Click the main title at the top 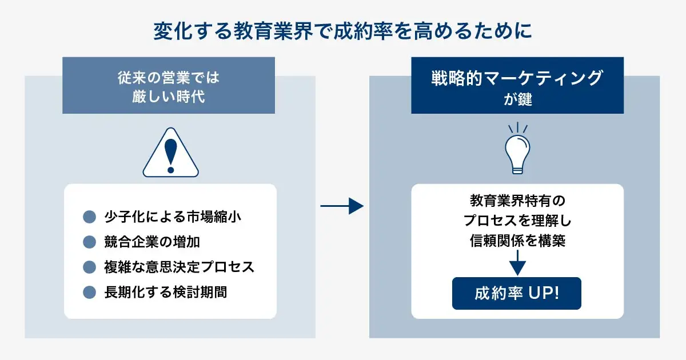coord(342,31)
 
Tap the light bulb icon coord(517,150)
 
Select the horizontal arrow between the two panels coord(342,206)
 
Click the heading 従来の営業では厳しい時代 coord(168,86)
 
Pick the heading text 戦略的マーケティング coord(517,78)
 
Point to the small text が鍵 coord(517,99)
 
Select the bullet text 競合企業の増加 coord(152,242)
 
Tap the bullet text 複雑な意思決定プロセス coord(179,267)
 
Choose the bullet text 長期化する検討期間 coord(165,292)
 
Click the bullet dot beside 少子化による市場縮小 coord(89,217)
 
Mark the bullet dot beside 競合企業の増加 coord(89,242)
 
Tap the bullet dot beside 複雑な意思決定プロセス coord(89,267)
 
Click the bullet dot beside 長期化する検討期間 coord(89,292)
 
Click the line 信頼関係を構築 coord(517,241)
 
